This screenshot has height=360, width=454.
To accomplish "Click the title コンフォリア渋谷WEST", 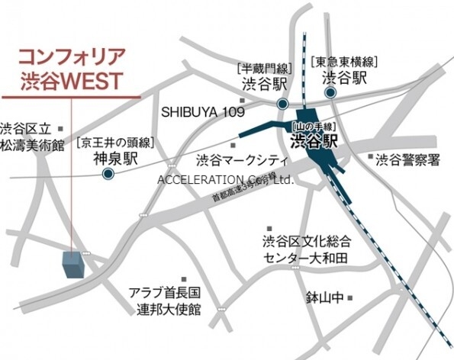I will click(x=71, y=68).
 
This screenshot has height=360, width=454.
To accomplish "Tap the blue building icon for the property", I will click(x=73, y=264).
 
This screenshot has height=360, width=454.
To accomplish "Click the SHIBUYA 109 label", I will click(x=202, y=111).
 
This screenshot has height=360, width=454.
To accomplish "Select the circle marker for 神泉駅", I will click(x=108, y=174).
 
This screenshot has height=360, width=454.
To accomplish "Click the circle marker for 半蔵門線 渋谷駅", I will click(x=282, y=104).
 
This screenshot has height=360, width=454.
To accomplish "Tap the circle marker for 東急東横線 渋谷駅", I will click(x=331, y=93).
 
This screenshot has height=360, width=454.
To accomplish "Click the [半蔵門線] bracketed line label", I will click(x=266, y=66).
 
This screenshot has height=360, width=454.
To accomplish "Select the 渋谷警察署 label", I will click(x=409, y=159).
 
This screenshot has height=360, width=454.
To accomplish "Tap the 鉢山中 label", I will click(x=326, y=296).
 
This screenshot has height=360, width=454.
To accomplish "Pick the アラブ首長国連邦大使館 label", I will click(x=164, y=301).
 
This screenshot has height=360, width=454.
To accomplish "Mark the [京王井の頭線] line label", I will click(x=115, y=142).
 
